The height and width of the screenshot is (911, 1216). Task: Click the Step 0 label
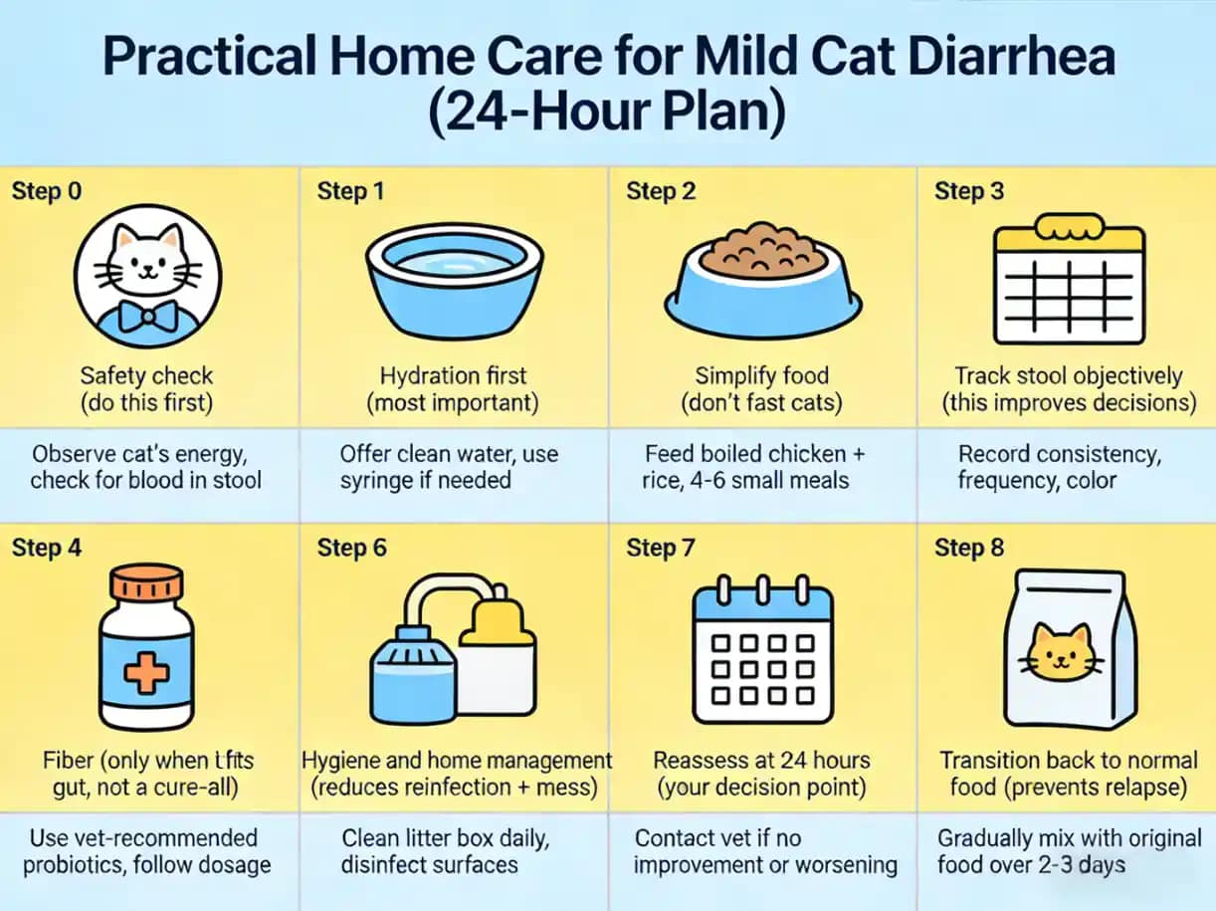(47, 191)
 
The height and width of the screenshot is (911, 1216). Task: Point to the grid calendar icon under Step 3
(1070, 279)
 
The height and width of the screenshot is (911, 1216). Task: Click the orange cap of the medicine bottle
(147, 585)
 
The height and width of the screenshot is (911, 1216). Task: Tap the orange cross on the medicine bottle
(147, 676)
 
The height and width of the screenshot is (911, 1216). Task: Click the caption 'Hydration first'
(454, 376)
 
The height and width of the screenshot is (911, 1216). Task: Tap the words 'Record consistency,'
(1059, 454)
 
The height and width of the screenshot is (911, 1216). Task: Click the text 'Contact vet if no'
(718, 838)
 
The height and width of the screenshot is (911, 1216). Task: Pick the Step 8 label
(969, 548)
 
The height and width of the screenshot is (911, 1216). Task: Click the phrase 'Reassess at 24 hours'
(761, 761)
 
